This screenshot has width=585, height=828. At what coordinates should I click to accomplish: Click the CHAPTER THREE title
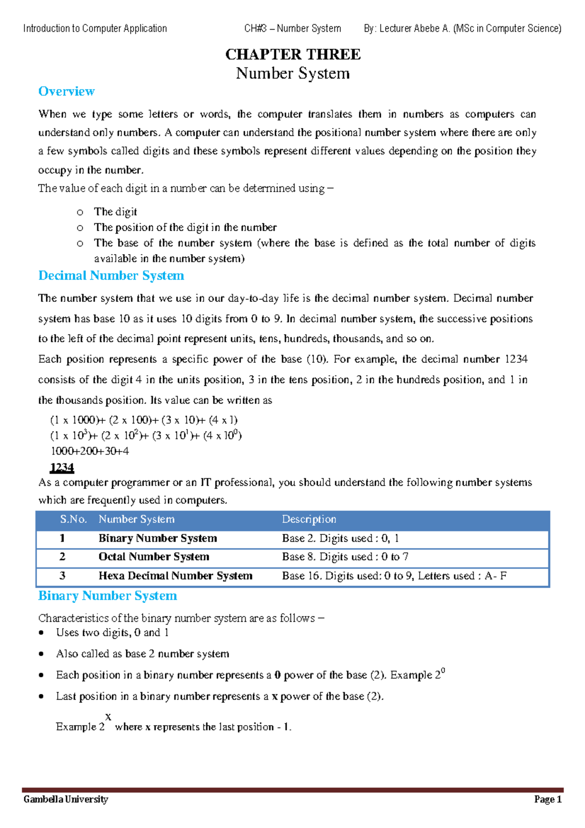click(x=292, y=54)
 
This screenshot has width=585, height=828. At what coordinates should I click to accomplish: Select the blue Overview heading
click(x=66, y=91)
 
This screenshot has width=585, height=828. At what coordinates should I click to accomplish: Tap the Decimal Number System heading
click(x=111, y=276)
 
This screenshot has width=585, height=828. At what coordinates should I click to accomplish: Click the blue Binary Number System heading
click(x=107, y=595)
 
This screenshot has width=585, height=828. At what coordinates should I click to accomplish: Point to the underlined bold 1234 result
click(x=62, y=468)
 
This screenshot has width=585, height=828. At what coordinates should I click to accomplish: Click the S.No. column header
click(x=73, y=519)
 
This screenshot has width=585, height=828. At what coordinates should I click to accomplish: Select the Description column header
click(x=309, y=519)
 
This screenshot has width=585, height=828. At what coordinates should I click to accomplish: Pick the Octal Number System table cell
click(x=154, y=557)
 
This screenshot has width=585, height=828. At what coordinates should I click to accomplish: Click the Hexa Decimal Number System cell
click(x=175, y=576)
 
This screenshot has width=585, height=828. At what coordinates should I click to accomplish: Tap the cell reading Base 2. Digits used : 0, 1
click(x=340, y=538)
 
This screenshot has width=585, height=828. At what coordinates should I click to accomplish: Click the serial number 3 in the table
click(x=62, y=576)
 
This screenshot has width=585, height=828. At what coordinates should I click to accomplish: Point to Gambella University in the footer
click(x=66, y=799)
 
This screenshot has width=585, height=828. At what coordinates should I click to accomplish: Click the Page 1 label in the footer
click(x=547, y=799)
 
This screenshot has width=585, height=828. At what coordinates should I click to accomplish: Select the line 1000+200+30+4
click(x=90, y=451)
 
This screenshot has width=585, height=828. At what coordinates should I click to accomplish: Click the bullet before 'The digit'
click(x=80, y=212)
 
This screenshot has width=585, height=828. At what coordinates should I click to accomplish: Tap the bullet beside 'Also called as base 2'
click(x=41, y=654)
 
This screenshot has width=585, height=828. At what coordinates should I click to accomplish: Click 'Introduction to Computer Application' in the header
click(x=95, y=28)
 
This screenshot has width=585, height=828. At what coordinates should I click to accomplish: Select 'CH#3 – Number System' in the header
click(x=292, y=28)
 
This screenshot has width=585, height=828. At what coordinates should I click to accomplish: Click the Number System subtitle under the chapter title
click(x=292, y=73)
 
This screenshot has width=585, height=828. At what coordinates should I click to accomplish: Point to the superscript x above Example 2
click(x=108, y=717)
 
